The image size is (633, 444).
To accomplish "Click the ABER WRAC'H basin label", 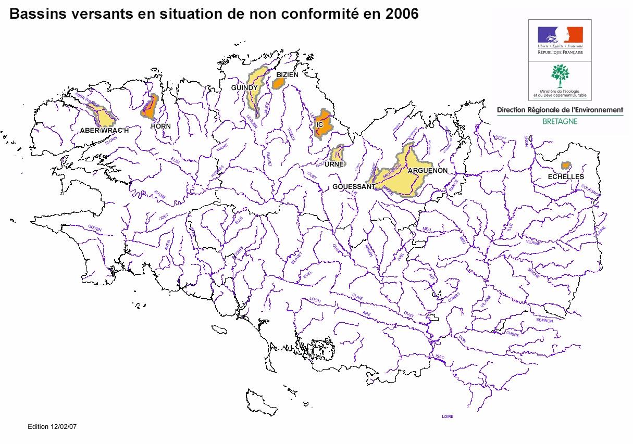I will [x=104, y=130].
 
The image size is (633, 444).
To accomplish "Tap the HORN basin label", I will [x=160, y=126].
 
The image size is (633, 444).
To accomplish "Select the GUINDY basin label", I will [x=244, y=88].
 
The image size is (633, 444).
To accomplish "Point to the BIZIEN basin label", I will [x=287, y=75].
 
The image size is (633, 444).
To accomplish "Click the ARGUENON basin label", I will [x=428, y=170].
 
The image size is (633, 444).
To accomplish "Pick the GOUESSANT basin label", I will [x=354, y=186].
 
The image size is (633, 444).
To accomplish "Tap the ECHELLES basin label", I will [x=566, y=177].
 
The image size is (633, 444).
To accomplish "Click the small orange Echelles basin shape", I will [x=565, y=166].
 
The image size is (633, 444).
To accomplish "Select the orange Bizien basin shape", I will [x=279, y=83].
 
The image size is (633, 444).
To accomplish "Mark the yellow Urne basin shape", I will [x=338, y=154].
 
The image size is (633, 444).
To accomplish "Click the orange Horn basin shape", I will [x=150, y=107].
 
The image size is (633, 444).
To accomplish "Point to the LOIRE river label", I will [x=447, y=416].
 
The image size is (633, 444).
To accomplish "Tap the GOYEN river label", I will [x=95, y=229].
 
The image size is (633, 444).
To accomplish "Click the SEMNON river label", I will [x=544, y=321].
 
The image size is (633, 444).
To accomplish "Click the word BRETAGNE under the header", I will [x=560, y=121].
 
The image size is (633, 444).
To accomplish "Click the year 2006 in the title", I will [x=402, y=14].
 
